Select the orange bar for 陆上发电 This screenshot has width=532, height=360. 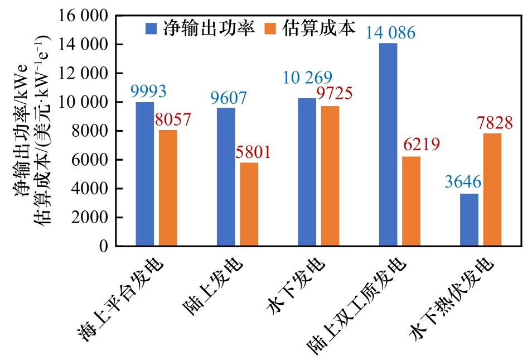point(249,204)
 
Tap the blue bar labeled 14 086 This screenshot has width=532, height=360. point(388,145)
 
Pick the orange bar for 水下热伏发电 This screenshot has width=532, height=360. point(492,190)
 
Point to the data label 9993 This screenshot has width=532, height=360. point(148,91)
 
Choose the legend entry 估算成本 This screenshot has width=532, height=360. point(310,29)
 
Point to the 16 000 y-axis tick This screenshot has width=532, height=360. point(83,16)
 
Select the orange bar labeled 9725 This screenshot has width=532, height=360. point(330,176)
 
